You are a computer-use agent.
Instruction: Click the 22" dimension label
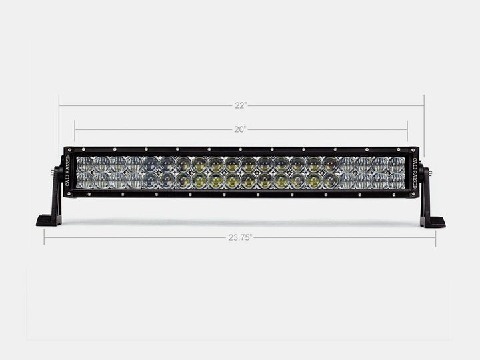click(x=241, y=105)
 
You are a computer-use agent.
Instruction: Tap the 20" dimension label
click(x=241, y=129)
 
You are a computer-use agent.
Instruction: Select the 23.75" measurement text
click(x=240, y=237)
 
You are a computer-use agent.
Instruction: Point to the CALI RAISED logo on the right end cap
click(x=414, y=172)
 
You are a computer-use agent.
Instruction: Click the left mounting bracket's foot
click(x=49, y=221)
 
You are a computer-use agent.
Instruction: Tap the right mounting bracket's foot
click(x=433, y=221)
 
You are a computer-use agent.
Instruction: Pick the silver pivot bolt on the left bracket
click(x=53, y=173)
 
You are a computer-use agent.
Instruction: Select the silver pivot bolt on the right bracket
click(x=428, y=173)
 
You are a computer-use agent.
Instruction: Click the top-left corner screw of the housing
click(x=67, y=149)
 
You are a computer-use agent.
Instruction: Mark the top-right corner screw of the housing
click(x=414, y=149)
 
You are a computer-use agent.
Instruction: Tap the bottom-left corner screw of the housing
click(x=67, y=195)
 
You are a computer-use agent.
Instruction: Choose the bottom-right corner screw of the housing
click(x=414, y=195)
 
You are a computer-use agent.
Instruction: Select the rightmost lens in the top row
click(x=397, y=164)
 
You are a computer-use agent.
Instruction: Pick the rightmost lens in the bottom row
click(x=397, y=180)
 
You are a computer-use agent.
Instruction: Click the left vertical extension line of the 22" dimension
click(x=59, y=123)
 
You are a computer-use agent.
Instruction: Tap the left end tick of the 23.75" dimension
click(x=44, y=237)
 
